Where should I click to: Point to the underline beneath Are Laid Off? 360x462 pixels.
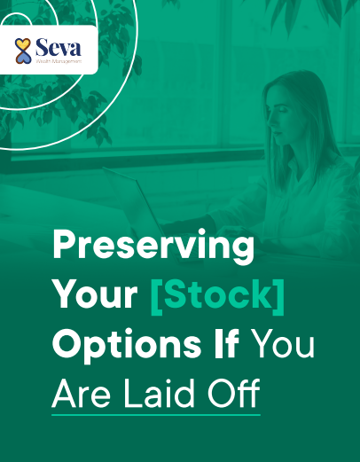tap(156, 413)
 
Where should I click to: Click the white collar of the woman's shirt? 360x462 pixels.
tap(293, 164)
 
